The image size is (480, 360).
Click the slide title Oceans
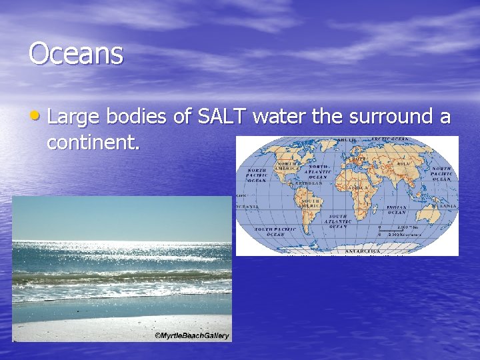point(76,54)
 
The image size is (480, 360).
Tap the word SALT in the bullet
point(223,117)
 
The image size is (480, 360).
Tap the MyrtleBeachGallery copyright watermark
point(191,335)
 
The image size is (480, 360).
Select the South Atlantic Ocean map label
point(338,221)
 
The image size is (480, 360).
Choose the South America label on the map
point(311,202)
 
